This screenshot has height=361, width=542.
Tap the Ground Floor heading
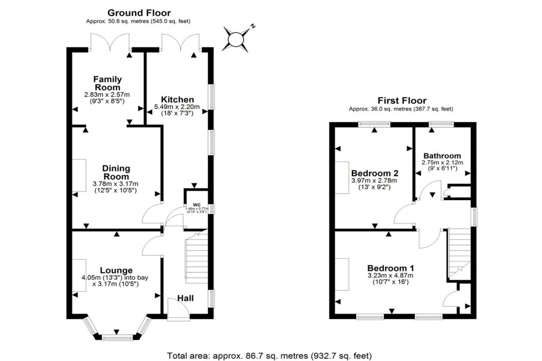[x=139, y=12]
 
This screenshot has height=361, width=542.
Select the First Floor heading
[x=402, y=101]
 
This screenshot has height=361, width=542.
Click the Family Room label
[x=107, y=83]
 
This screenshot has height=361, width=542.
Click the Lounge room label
[x=116, y=270]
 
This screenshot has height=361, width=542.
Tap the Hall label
[x=185, y=299]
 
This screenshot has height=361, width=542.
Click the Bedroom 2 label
[x=375, y=172]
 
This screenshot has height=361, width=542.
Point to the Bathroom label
[x=442, y=155]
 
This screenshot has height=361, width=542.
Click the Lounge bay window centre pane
[x=117, y=336]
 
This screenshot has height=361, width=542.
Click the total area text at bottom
[x=269, y=355]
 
